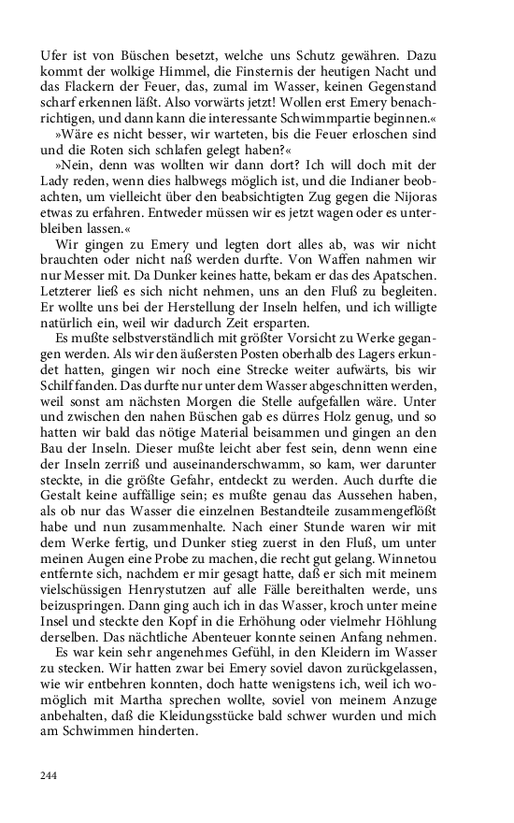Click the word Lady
55,180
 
